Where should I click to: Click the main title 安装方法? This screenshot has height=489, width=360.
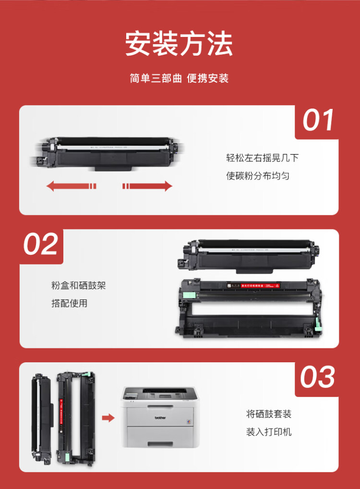[179, 45]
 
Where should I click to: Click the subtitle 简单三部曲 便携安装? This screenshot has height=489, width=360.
[179, 78]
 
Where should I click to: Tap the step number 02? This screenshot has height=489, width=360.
[41, 244]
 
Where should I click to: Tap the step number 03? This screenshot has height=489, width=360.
[318, 377]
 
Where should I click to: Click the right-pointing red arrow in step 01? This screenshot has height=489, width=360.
[147, 186]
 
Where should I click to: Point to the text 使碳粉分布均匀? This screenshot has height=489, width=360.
[258, 176]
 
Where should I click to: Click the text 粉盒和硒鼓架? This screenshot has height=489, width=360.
[78, 286]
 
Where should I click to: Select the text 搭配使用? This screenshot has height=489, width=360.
[69, 303]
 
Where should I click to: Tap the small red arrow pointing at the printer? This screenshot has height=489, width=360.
[108, 417]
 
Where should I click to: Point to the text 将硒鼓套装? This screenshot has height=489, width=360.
[269, 414]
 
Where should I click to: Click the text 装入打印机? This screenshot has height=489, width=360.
[269, 432]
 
